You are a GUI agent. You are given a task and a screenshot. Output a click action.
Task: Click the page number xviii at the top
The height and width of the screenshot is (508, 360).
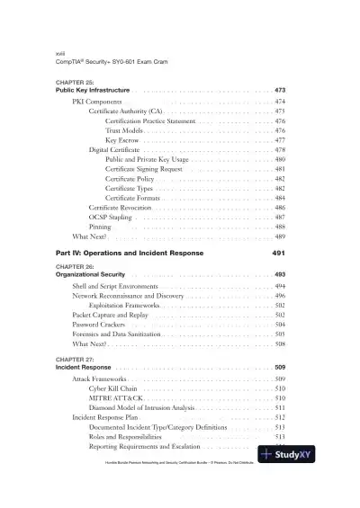[62, 54]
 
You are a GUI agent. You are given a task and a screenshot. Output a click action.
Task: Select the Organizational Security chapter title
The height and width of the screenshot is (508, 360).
[90, 273]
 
